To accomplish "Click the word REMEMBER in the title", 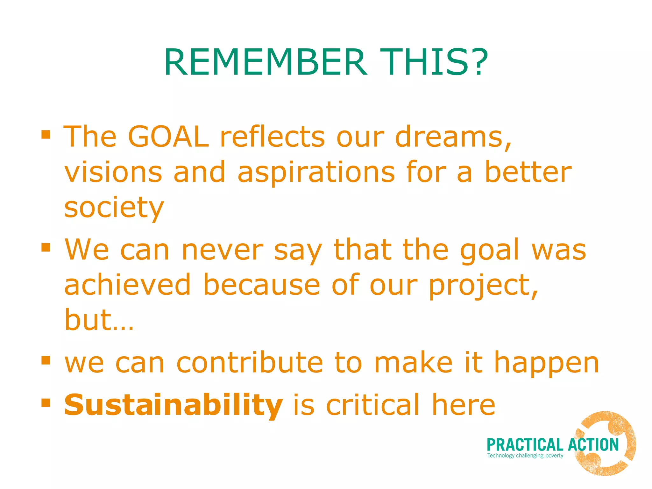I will tap(266, 62).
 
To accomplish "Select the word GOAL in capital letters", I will tap(168, 137).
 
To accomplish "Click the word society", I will tap(114, 209).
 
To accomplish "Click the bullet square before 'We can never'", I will tap(46, 247).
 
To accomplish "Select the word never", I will tap(222, 251).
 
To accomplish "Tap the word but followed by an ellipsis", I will tap(99, 320).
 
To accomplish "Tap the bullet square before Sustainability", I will tap(46, 403).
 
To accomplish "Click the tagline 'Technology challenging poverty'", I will tap(525, 456).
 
